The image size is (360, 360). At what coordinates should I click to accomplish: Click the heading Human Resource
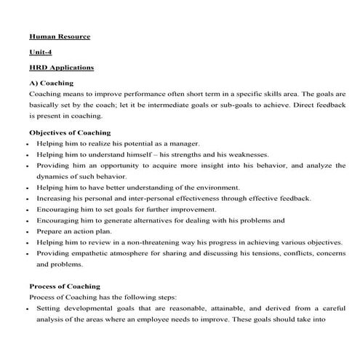pos(60,36)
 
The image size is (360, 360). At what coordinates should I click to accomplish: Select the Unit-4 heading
pos(42,52)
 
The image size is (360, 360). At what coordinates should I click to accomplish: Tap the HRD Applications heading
pos(62,68)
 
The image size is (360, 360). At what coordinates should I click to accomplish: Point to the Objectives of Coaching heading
pos(70,133)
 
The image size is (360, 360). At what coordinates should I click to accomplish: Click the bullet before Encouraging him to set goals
pos(25,209)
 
